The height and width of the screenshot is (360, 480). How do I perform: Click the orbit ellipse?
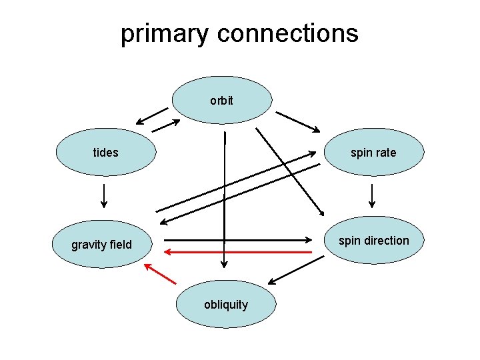[222, 100]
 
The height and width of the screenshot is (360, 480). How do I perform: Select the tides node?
[105, 153]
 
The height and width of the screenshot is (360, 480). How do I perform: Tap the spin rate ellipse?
[373, 153]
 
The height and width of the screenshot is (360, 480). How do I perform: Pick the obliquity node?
[225, 305]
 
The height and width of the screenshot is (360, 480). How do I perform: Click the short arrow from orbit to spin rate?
[298, 121]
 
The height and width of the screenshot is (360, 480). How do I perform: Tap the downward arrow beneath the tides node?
[104, 195]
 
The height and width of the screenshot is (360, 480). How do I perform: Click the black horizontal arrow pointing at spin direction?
[239, 239]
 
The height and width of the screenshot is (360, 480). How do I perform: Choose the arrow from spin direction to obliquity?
[296, 270]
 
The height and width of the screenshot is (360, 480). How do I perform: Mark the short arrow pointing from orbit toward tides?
[151, 116]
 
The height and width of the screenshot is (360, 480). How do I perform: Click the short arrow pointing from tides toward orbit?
[165, 125]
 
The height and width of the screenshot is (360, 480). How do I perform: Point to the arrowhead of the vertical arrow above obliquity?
[225, 264]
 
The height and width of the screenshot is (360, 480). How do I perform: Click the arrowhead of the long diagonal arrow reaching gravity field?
[161, 221]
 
